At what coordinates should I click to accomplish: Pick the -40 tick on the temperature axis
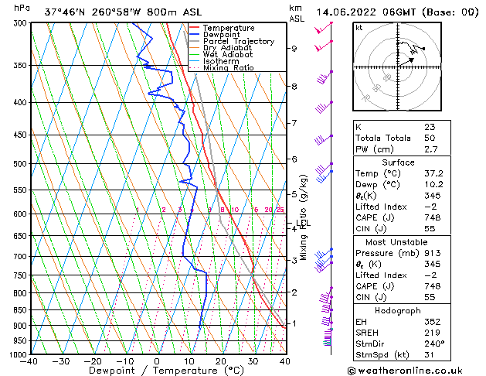click(x=29, y=361)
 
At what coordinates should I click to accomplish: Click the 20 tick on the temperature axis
click(x=220, y=361)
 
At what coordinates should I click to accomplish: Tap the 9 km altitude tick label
click(x=294, y=49)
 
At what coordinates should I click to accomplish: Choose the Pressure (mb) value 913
click(x=432, y=252)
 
